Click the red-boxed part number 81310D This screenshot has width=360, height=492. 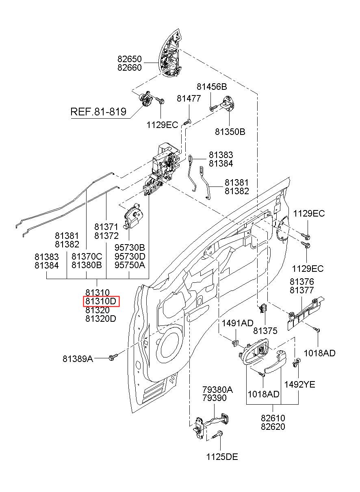click(101, 301)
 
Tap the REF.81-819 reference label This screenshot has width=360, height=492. click(98, 112)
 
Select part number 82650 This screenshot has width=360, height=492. click(130, 59)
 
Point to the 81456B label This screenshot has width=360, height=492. click(212, 87)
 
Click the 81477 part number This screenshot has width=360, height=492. click(189, 99)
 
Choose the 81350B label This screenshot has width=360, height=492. click(230, 132)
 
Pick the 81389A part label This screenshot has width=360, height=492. click(78, 359)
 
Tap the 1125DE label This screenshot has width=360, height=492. click(222, 469)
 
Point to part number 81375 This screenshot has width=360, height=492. click(265, 331)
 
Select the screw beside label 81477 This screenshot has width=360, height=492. click(187, 121)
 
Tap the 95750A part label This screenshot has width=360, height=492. click(130, 265)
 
